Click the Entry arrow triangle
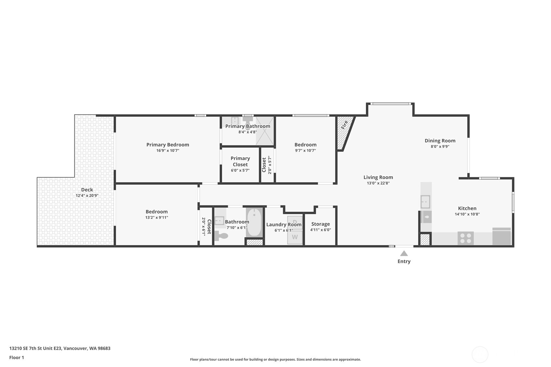click(x=404, y=253)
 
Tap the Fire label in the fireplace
click(x=344, y=125)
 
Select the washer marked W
click(x=295, y=237)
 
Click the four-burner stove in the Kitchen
click(x=466, y=238)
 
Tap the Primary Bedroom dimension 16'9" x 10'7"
click(x=168, y=151)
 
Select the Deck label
click(x=87, y=190)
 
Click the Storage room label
click(x=320, y=224)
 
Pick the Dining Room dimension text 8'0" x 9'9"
click(x=440, y=147)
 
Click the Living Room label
click(x=378, y=177)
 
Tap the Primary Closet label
click(x=240, y=161)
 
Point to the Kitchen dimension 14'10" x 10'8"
click(x=467, y=214)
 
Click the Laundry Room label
click(x=284, y=225)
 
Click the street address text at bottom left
click(x=60, y=349)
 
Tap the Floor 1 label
click(x=17, y=358)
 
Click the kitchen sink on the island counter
click(x=425, y=202)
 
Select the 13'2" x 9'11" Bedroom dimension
click(x=157, y=218)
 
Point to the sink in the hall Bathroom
click(x=219, y=220)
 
